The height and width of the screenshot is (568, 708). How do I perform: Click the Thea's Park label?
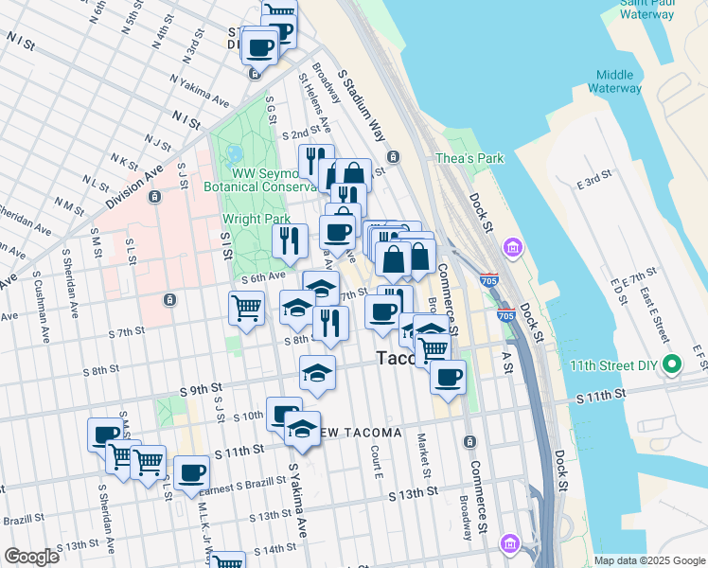pos(469,158)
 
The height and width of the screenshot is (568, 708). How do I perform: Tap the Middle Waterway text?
pos(614,81)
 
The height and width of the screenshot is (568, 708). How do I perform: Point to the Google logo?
pos(31,557)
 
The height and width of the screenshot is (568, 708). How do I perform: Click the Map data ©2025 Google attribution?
pos(649,560)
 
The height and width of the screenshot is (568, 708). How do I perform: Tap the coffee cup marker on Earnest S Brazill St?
pos(191,472)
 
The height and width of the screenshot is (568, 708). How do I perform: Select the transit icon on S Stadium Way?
pos(392,156)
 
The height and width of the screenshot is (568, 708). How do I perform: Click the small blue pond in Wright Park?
pos(234,151)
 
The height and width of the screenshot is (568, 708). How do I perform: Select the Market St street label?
pos(423,454)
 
